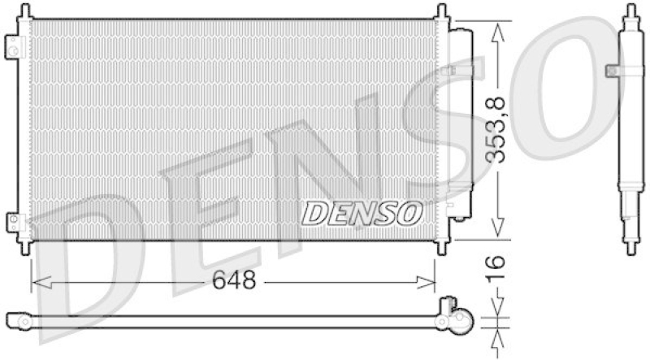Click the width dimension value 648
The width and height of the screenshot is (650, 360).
[x=234, y=281]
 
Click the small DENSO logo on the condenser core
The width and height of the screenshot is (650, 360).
[x=362, y=214]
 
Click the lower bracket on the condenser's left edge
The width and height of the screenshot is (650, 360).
[x=11, y=222]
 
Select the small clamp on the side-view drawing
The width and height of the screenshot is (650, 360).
[x=613, y=72]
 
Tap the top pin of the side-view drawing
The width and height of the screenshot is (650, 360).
[x=630, y=12]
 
